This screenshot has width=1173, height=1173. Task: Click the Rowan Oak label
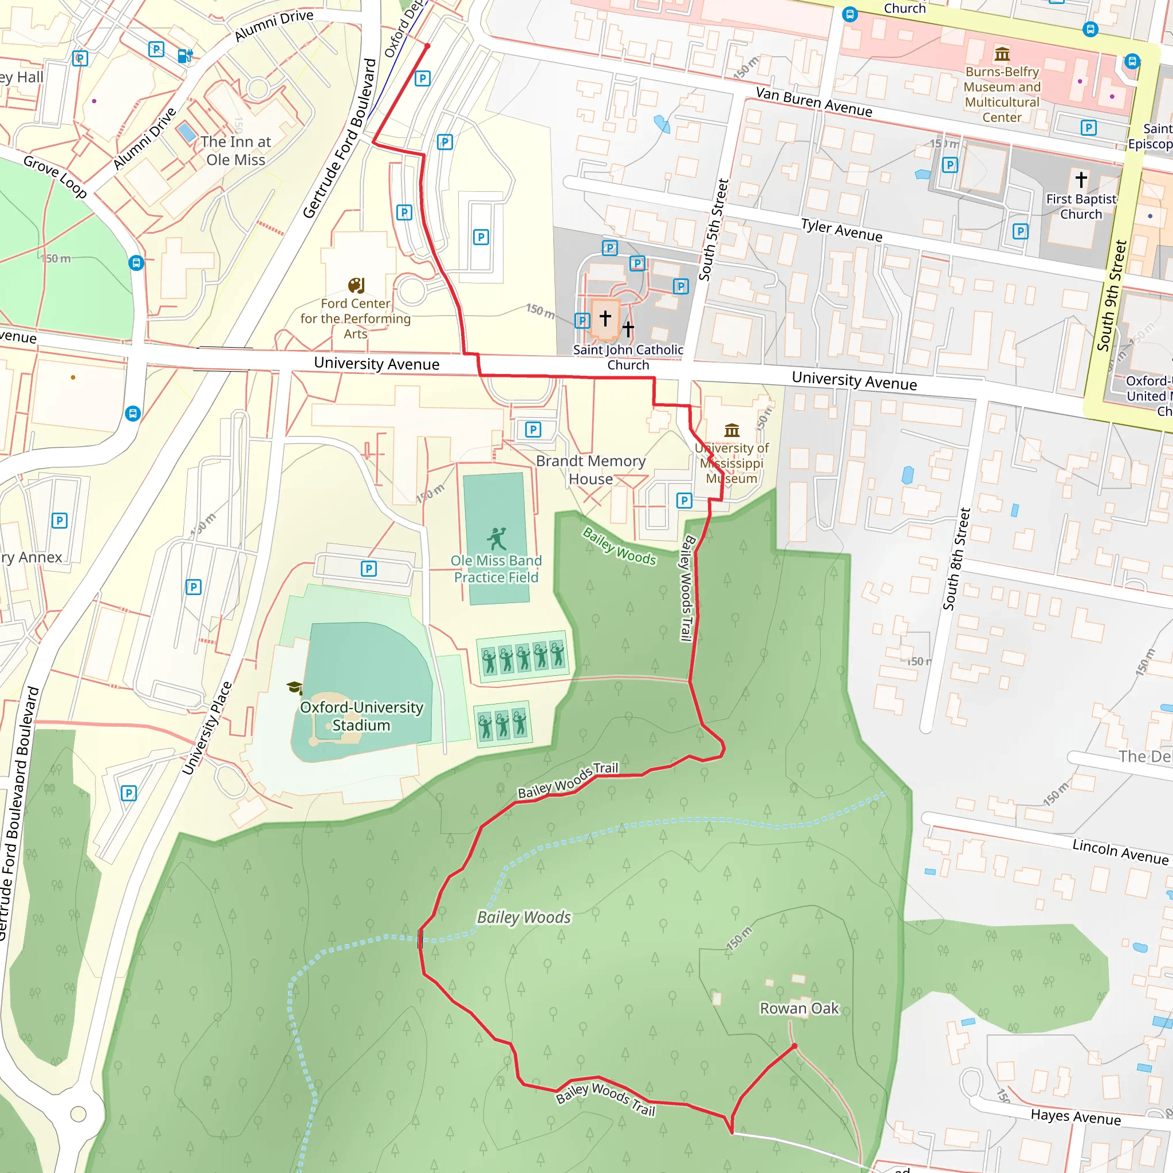[x=799, y=1009]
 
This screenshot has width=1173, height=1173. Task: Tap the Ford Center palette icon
[x=356, y=285]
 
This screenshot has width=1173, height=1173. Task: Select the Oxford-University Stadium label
[x=361, y=717]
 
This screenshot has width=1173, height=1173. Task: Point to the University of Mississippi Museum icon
[x=732, y=431]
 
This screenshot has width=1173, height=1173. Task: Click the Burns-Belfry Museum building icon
[x=1002, y=54]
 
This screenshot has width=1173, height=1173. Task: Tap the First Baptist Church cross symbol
[x=1081, y=179]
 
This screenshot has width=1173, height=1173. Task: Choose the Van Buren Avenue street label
[x=813, y=102]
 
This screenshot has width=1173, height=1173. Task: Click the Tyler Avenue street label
[x=841, y=230]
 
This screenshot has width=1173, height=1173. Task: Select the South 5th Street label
[x=714, y=230]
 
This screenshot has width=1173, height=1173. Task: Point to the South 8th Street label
[x=957, y=558]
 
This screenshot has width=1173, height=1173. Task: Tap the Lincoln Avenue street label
[x=1120, y=851]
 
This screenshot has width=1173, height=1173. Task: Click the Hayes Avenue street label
[x=1076, y=1116]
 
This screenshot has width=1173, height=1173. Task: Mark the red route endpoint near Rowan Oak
[x=794, y=1046]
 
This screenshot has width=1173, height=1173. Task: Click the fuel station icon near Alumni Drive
[x=184, y=56]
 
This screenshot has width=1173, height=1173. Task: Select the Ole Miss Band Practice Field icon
[x=496, y=538]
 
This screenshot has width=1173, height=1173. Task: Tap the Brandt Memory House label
[x=590, y=470]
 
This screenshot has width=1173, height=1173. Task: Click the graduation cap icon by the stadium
[x=294, y=687]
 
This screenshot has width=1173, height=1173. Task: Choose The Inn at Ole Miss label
[x=235, y=151]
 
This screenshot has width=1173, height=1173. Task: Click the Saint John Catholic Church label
[x=628, y=357]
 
